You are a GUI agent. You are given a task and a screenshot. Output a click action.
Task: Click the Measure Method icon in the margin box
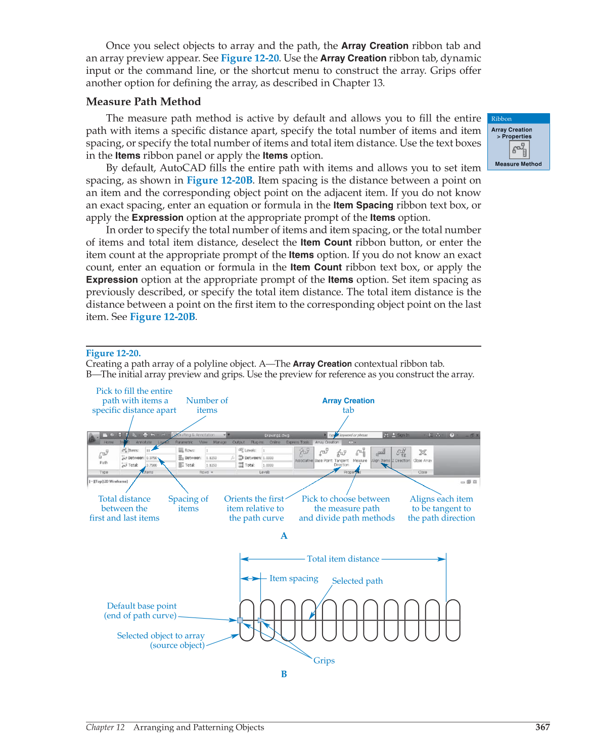pyautogui.click(x=519, y=150)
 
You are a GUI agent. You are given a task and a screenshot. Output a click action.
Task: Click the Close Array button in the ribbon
pyautogui.click(x=423, y=454)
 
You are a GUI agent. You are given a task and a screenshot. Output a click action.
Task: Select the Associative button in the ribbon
pyautogui.click(x=304, y=454)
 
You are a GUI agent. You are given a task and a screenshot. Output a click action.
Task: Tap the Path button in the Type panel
pyautogui.click(x=104, y=456)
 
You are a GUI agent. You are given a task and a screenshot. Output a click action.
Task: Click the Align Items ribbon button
pyautogui.click(x=381, y=454)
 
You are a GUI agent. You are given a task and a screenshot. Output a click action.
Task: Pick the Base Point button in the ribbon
pyautogui.click(x=324, y=454)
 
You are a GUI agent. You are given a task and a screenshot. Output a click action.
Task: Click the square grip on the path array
pyautogui.click(x=240, y=620)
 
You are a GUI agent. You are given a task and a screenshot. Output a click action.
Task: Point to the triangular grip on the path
pyautogui.click(x=261, y=620)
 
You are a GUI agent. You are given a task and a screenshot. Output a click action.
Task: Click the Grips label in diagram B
pyautogui.click(x=324, y=661)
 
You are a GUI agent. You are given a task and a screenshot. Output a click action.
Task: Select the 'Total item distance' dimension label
pyautogui.click(x=343, y=559)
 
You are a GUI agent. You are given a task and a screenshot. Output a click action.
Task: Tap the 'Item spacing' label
pyautogui.click(x=294, y=578)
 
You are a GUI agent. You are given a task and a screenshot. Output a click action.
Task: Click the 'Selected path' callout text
pyautogui.click(x=357, y=581)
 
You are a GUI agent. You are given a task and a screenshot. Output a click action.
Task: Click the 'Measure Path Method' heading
pyautogui.click(x=144, y=102)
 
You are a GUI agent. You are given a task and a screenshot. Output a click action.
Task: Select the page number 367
pyautogui.click(x=542, y=727)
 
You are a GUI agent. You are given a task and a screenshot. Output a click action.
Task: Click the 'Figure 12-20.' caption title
pyautogui.click(x=113, y=353)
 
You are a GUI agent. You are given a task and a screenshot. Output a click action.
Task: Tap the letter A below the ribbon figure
pyautogui.click(x=284, y=536)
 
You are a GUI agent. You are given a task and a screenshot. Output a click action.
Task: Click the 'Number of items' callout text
pyautogui.click(x=207, y=405)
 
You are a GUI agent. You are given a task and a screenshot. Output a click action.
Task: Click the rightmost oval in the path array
pyautogui.click(x=453, y=620)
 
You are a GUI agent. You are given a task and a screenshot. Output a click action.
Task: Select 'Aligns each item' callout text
pyautogui.click(x=441, y=499)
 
